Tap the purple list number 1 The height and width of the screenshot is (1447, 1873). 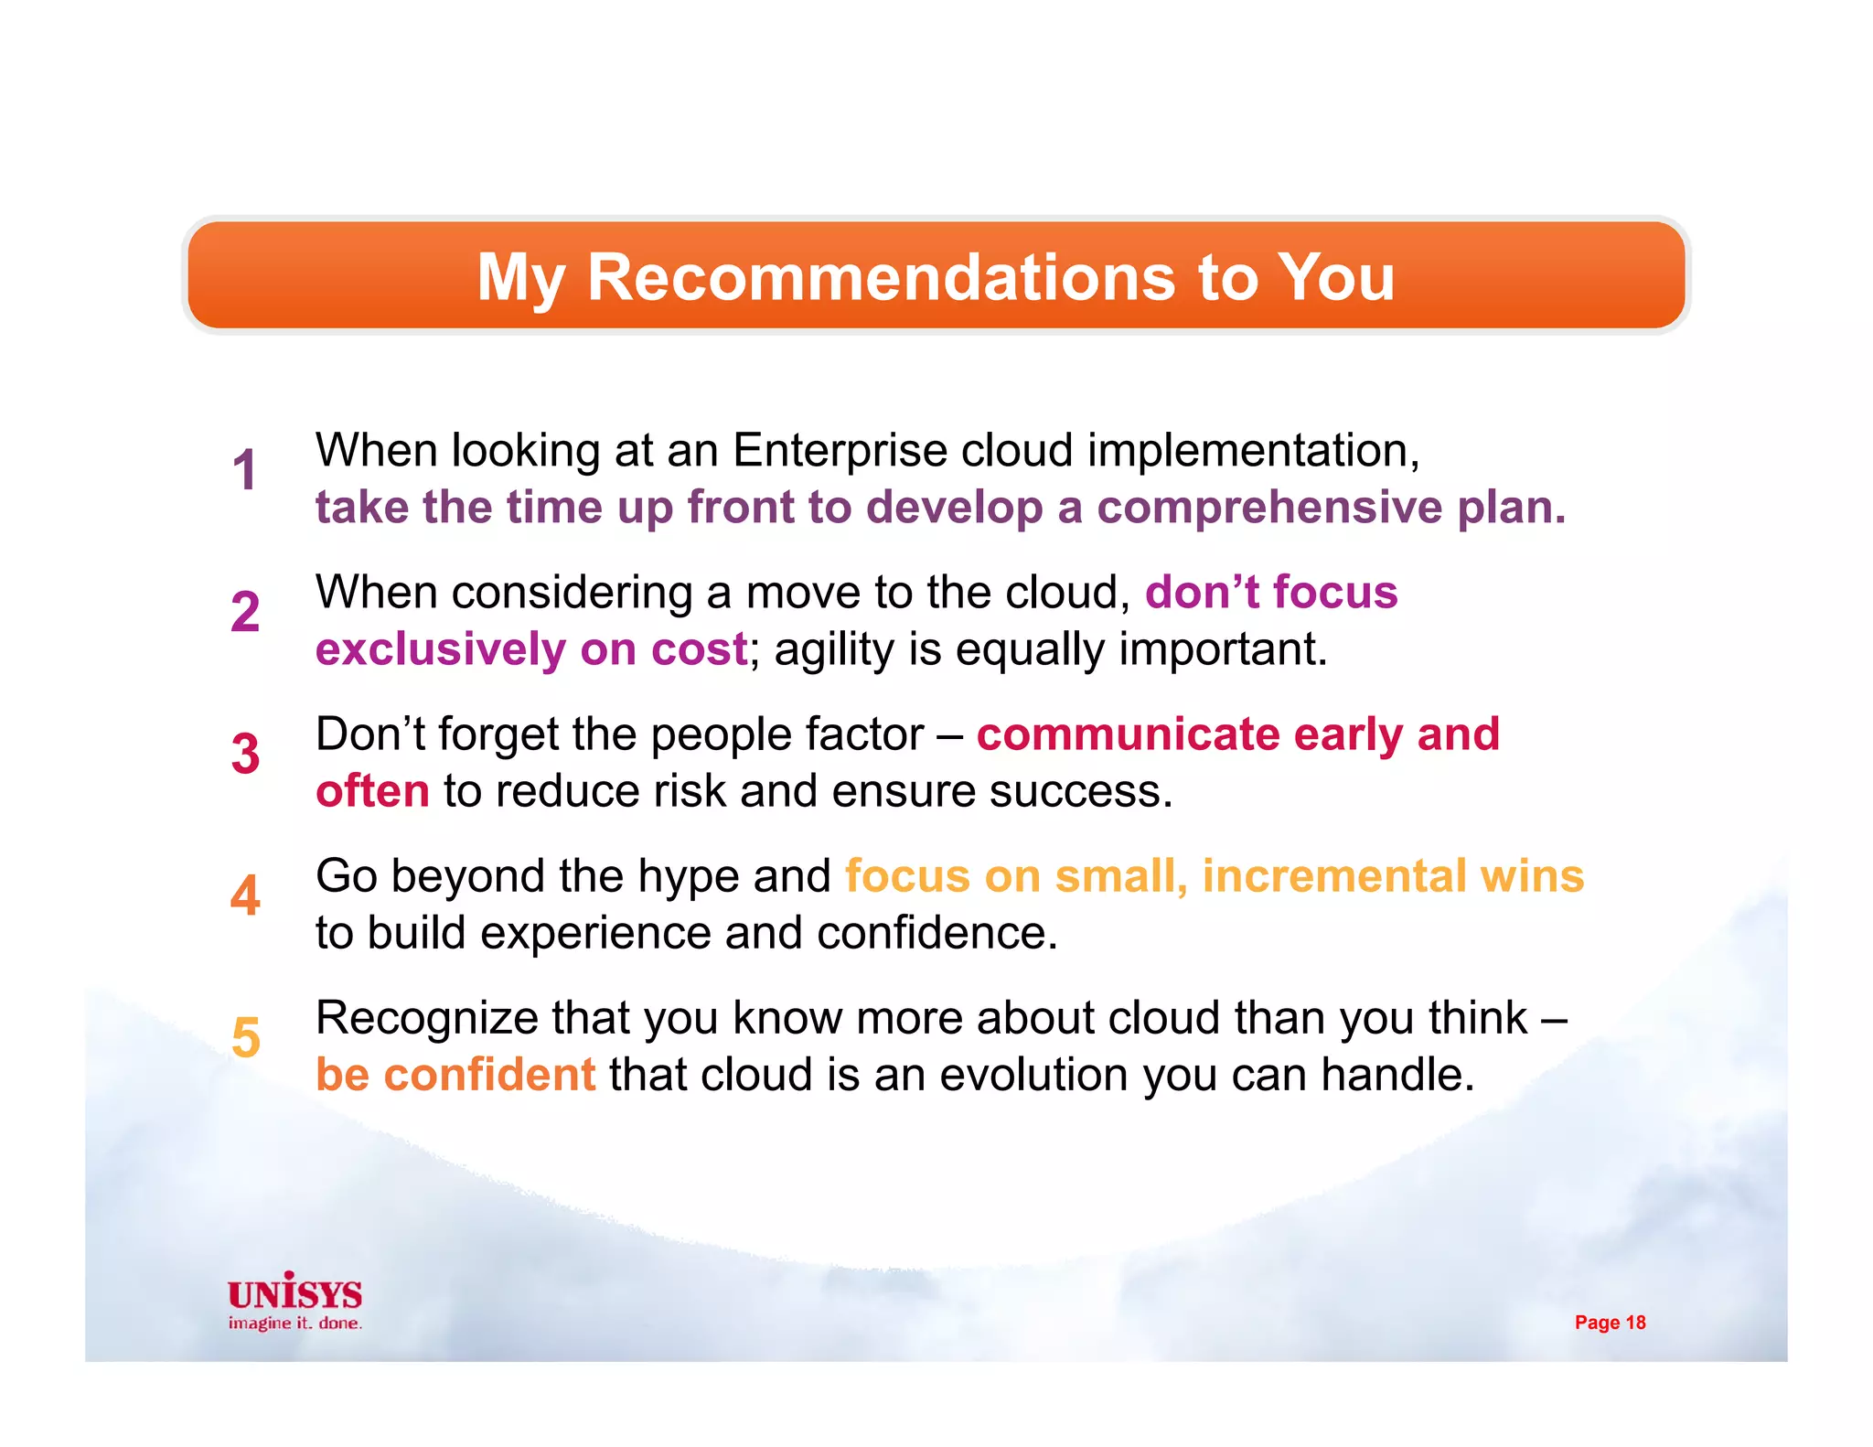244,470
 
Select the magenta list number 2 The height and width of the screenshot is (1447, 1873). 245,612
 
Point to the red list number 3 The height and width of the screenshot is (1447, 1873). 245,754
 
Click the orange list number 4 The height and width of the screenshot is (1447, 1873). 245,895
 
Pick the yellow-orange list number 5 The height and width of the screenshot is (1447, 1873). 245,1037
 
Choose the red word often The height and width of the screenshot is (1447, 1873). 372,791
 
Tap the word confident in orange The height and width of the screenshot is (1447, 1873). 489,1075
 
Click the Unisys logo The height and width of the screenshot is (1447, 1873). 294,1292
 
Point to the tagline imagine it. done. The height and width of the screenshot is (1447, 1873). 294,1324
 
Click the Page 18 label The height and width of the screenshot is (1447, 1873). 1610,1323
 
